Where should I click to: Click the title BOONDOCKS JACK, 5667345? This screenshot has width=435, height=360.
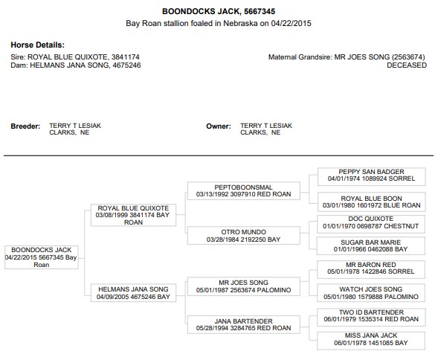point(219,11)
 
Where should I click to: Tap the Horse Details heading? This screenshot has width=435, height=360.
point(37,45)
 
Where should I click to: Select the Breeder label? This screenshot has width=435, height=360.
point(25,126)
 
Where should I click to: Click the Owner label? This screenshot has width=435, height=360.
point(219,126)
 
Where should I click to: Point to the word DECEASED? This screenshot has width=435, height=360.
point(407,65)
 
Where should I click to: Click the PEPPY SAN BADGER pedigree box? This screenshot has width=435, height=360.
point(372,176)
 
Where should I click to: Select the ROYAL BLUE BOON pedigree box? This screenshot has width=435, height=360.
point(372,202)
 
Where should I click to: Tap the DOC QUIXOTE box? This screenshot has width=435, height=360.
point(371,224)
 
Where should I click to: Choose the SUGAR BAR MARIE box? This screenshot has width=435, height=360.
point(371,245)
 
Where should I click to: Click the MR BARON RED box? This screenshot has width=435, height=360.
point(371,269)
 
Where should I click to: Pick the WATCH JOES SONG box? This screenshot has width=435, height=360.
point(371,293)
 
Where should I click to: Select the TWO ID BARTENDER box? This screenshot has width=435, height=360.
point(371,318)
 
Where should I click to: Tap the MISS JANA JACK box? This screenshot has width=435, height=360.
point(371,341)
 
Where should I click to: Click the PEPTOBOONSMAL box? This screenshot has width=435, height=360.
point(244,190)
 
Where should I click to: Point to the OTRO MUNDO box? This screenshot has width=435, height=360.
point(244,235)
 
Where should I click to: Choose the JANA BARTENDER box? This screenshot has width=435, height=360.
point(244,324)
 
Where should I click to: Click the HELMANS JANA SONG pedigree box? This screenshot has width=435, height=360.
point(133,293)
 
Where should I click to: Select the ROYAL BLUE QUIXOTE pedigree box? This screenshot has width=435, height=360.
point(133,215)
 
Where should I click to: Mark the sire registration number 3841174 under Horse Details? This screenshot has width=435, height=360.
point(126,57)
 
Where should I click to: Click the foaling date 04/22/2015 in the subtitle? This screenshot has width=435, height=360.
point(291,23)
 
